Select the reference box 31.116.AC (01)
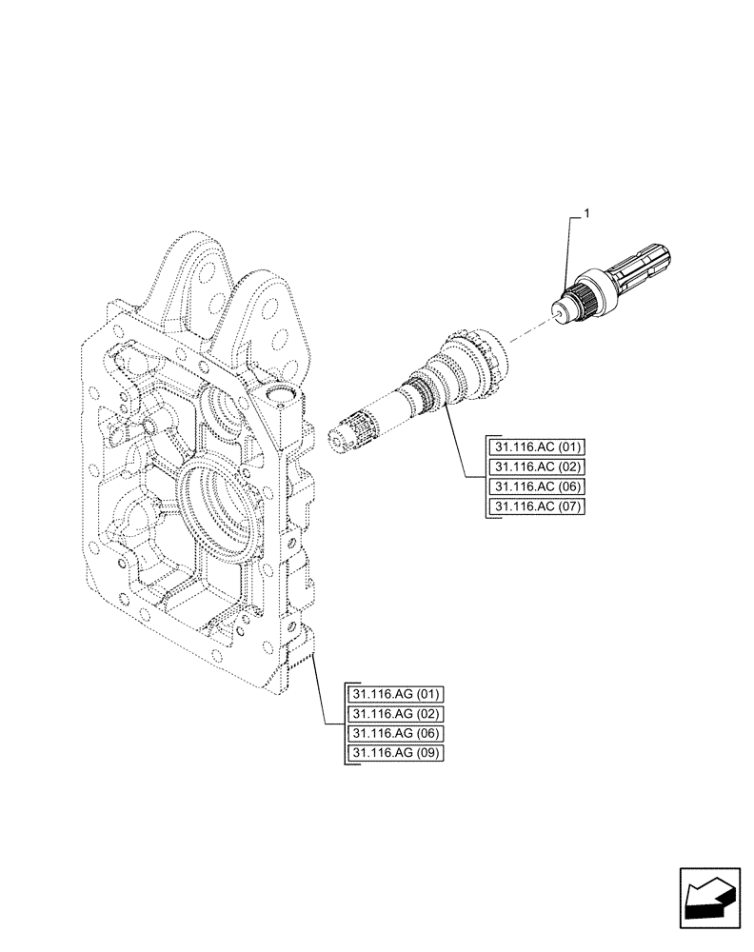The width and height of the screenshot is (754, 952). [x=538, y=446]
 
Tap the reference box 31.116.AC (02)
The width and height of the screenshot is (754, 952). [x=538, y=466]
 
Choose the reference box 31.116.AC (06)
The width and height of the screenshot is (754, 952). [x=538, y=486]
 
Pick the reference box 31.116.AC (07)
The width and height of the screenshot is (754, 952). [x=538, y=506]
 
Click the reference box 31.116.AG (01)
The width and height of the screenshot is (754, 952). [x=398, y=694]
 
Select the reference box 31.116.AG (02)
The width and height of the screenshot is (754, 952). [x=398, y=714]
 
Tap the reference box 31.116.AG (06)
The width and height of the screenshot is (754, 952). [x=398, y=734]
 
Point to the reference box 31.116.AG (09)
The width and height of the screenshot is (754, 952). [x=398, y=754]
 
